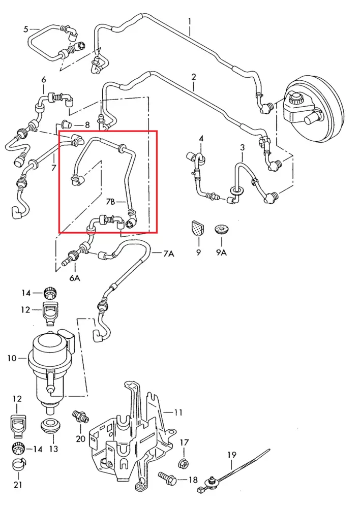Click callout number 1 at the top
pos(189,22)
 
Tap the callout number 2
pos(194,77)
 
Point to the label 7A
pos(169,253)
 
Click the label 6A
pos(75,277)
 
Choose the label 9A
pos(221,252)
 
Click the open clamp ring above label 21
pos(18,464)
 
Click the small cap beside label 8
pos(66,124)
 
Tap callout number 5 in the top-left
pos(26,29)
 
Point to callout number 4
pos(201,138)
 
